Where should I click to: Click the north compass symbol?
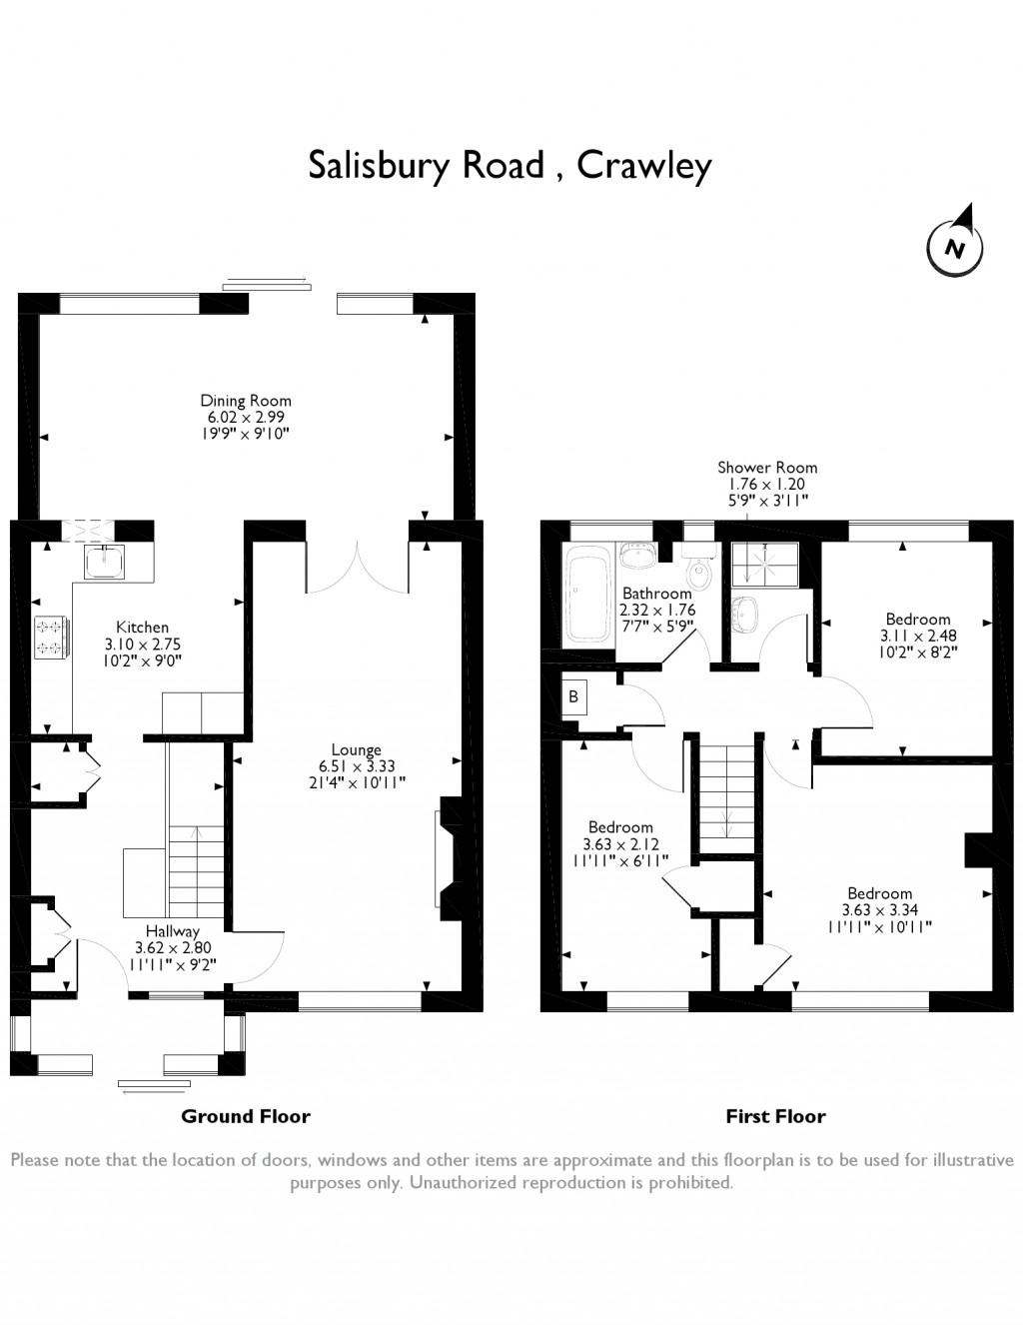point(954,247)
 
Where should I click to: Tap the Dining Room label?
point(246,401)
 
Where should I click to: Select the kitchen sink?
point(104,561)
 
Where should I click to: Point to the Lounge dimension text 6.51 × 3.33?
point(356,766)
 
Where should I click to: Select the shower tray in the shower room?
point(765,565)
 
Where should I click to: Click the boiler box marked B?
point(573,696)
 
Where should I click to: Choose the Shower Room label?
point(767,468)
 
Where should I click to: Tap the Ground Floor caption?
point(246,1116)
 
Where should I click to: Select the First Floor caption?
point(775,1116)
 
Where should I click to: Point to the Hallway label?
point(173,931)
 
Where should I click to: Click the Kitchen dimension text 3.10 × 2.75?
point(143,644)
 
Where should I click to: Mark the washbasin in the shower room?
point(744,614)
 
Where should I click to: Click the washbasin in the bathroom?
point(637,555)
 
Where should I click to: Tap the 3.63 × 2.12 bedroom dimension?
point(620,844)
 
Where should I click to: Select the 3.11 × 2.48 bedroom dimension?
point(917,636)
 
